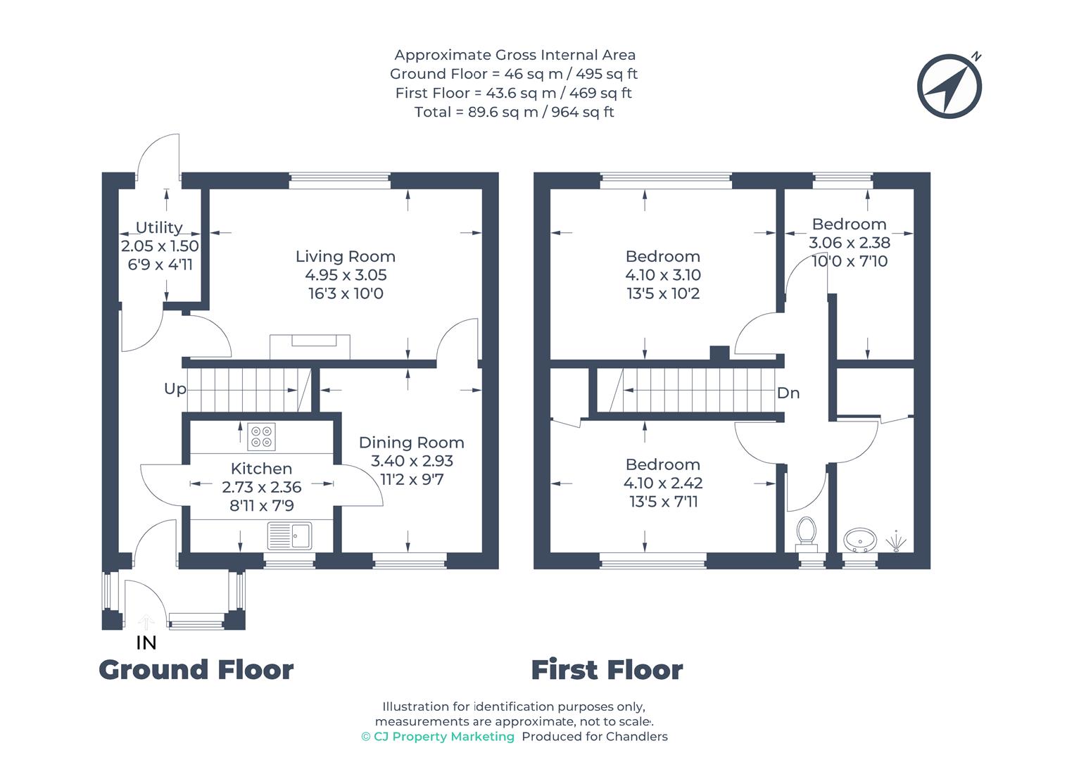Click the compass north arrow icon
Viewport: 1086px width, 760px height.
(x=949, y=85)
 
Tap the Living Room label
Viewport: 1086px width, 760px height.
(x=345, y=257)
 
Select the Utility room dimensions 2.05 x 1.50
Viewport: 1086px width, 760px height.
(x=160, y=246)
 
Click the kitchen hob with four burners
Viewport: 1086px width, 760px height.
(x=261, y=436)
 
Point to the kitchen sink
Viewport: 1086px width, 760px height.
(x=290, y=536)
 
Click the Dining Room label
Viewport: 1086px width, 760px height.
(x=411, y=443)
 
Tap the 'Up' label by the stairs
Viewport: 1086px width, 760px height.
(x=175, y=389)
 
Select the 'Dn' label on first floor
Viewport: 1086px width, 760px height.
(x=788, y=393)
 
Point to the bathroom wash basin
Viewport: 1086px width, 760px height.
(x=859, y=540)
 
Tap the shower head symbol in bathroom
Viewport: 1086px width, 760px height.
(x=895, y=540)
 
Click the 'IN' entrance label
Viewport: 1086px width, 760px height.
(x=146, y=642)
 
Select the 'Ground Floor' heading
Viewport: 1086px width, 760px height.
(x=196, y=670)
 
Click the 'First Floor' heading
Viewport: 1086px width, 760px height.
(x=606, y=670)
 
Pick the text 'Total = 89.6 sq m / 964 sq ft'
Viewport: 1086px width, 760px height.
(x=514, y=112)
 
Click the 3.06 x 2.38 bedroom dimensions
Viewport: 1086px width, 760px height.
(x=849, y=243)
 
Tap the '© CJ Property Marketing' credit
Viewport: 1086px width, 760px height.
(x=437, y=737)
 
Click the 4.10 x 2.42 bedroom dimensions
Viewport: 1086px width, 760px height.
(x=662, y=483)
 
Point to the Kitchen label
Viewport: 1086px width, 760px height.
(x=261, y=469)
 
